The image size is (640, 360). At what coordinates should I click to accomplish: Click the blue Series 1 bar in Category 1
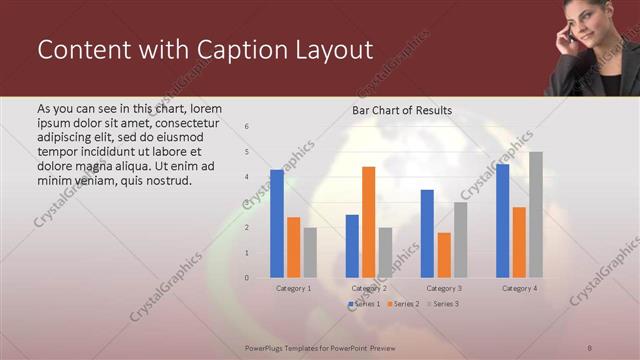[277, 223]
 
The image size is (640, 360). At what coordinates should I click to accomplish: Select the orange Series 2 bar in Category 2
[368, 221]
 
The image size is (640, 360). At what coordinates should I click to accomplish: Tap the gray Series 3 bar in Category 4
[536, 214]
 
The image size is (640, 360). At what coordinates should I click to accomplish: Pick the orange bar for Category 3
[444, 254]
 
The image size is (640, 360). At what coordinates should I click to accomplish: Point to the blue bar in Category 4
[502, 220]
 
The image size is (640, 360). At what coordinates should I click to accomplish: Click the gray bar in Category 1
[310, 252]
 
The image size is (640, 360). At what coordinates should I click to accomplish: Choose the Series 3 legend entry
[443, 303]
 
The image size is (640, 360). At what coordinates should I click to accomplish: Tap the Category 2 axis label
[369, 288]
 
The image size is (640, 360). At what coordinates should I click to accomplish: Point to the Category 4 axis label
[519, 288]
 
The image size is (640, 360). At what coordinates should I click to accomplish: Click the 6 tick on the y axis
[247, 127]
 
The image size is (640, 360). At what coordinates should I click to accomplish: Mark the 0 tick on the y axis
[247, 277]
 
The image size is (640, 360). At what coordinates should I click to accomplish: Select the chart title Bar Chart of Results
[401, 110]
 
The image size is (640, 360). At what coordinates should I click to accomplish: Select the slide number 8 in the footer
[590, 346]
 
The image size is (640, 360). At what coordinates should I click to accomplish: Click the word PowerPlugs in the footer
[266, 346]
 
